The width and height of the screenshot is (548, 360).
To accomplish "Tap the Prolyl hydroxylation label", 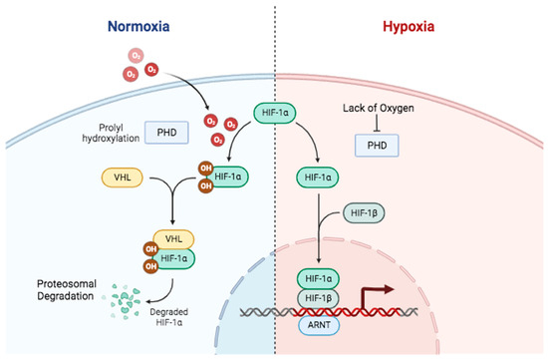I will tap(99, 131).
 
